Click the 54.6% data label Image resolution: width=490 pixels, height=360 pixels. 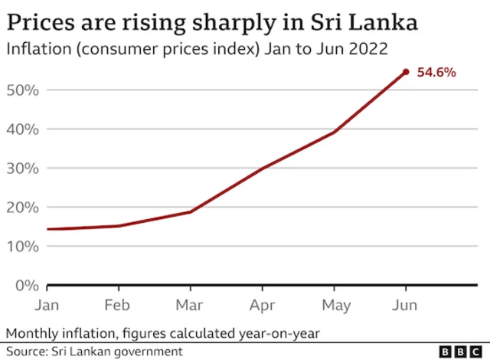436,73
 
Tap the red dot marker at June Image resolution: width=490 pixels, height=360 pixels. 406,72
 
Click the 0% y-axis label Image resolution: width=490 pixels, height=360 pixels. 26,286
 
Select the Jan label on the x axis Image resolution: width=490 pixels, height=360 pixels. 47,306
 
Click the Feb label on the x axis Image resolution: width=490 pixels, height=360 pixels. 118,306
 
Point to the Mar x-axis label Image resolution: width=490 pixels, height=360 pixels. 190,306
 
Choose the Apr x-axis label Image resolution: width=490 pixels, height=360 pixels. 262,306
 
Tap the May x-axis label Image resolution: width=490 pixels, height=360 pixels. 335,306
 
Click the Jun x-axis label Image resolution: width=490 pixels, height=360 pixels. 405,306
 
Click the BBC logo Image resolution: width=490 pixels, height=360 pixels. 458,351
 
